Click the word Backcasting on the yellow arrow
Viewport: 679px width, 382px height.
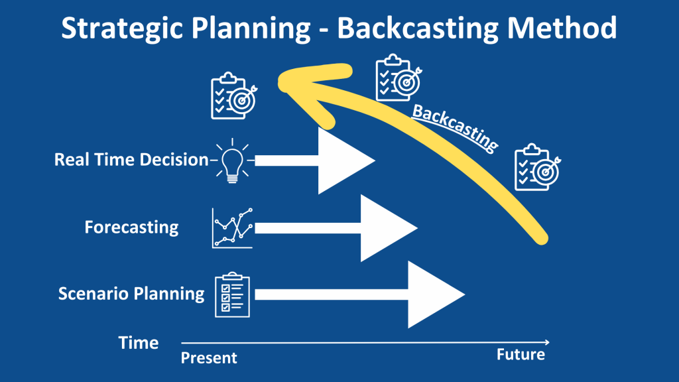455,127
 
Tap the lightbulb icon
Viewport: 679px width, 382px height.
231,160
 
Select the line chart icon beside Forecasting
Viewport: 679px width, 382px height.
232,227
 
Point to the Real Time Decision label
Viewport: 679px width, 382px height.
131,160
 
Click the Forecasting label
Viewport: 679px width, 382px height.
131,227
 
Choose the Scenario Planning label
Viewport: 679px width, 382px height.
131,293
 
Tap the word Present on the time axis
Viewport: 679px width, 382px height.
209,358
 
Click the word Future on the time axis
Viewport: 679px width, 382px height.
521,355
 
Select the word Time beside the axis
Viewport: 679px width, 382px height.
139,343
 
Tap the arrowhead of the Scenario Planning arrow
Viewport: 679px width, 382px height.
435,294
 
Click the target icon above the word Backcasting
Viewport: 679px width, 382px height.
397,78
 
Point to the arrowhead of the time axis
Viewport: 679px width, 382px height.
546,342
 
